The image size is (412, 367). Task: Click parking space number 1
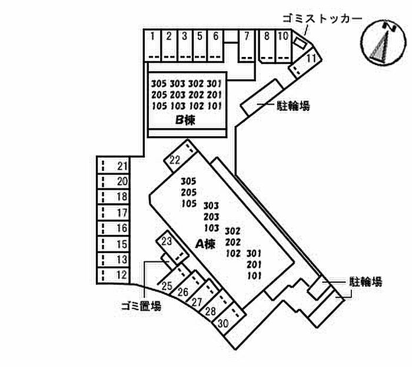pyautogui.click(x=152, y=46)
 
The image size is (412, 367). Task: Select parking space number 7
pyautogui.click(x=247, y=46)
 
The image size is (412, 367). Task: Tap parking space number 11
pyautogui.click(x=305, y=62)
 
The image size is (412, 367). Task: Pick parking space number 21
pyautogui.click(x=114, y=166)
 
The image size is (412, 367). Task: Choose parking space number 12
pyautogui.click(x=114, y=275)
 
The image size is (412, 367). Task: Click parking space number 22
pyautogui.click(x=180, y=156)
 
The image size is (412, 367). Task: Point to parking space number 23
pyautogui.click(x=172, y=247)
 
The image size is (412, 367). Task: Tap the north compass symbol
pyautogui.click(x=383, y=42)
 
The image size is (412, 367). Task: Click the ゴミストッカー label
pyautogui.click(x=322, y=19)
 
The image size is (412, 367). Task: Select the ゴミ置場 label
pyautogui.click(x=141, y=306)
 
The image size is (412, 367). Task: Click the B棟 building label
pyautogui.click(x=185, y=120)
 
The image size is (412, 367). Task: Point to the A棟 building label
pyautogui.click(x=205, y=244)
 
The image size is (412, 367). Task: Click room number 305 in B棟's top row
pyautogui.click(x=159, y=84)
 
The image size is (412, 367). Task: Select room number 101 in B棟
pyautogui.click(x=214, y=106)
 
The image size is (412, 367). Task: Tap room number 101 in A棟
pyautogui.click(x=254, y=276)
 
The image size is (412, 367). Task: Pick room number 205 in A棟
pyautogui.click(x=189, y=193)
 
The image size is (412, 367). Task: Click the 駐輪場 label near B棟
pyautogui.click(x=293, y=106)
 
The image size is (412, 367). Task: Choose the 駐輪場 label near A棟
pyautogui.click(x=366, y=282)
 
